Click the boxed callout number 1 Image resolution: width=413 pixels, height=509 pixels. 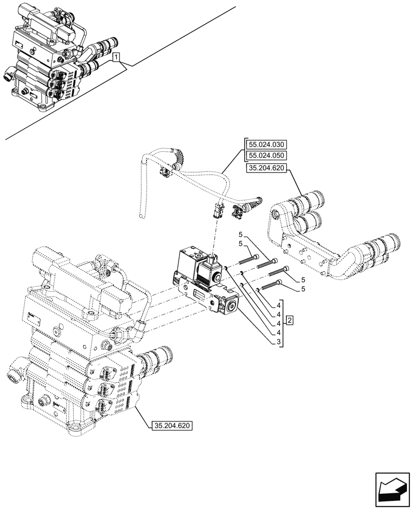116,56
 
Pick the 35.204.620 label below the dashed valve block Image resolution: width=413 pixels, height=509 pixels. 172,426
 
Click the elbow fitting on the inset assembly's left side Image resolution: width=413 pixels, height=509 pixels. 9,73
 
